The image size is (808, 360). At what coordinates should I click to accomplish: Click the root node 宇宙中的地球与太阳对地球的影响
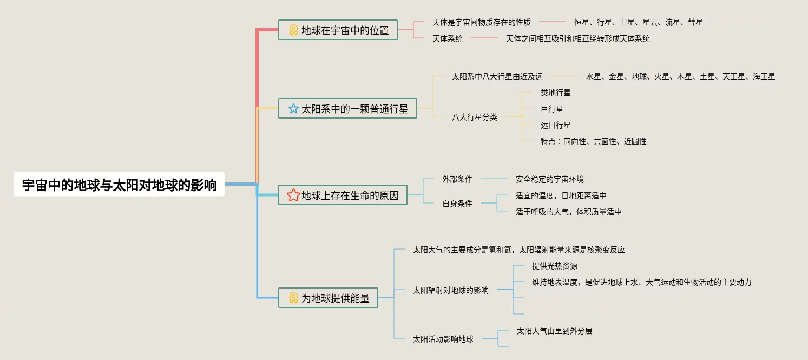coord(119,185)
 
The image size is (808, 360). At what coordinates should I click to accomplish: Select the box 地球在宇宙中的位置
coord(338,30)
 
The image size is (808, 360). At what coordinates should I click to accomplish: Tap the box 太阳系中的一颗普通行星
coord(347,108)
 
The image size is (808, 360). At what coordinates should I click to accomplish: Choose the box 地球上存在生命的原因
coord(343,195)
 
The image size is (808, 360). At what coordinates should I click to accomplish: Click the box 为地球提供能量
coord(328,298)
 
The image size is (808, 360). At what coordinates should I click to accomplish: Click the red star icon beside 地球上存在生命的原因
coord(293,195)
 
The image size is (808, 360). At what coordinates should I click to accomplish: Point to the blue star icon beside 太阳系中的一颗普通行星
coord(293,109)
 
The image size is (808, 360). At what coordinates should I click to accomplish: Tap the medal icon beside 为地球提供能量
coord(293,298)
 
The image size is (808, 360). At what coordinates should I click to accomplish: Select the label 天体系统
coord(448,38)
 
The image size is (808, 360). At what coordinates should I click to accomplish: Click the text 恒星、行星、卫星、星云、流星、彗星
coord(639,22)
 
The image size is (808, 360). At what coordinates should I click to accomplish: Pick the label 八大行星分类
coord(475,117)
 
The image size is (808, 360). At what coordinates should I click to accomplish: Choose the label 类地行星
coord(556,93)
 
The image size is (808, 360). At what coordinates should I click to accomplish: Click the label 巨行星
coord(552,109)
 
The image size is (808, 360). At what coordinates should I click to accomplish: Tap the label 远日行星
coord(556,125)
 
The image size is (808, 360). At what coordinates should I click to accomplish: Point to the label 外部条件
coord(457,179)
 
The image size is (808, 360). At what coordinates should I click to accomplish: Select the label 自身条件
coord(457,204)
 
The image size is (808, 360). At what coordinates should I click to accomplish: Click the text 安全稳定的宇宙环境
coord(550,179)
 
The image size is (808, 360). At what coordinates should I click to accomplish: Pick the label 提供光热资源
coord(555,266)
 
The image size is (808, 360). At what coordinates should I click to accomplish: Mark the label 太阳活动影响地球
coord(443,339)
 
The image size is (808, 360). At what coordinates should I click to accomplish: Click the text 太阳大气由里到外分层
coord(555,331)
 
